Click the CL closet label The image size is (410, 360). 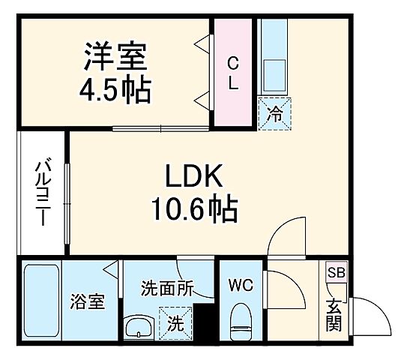point(233,73)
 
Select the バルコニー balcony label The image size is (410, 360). point(42,193)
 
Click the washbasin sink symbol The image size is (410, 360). point(139,328)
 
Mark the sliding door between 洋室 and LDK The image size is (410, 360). point(161,128)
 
